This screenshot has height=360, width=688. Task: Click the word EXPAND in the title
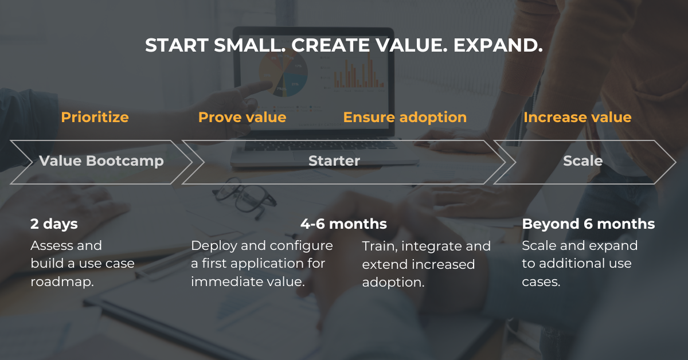[x=498, y=45]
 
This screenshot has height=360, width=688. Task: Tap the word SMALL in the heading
[x=249, y=45]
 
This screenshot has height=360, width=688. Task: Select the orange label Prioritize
[x=95, y=118]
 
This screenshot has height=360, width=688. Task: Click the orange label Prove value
[x=243, y=118]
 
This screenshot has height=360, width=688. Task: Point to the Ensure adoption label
[x=405, y=118]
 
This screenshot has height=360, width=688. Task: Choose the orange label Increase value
[x=577, y=118]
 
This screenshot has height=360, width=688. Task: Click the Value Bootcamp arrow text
[x=101, y=161]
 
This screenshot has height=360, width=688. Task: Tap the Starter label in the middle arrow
[x=334, y=161]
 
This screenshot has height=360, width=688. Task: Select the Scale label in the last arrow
[x=583, y=161]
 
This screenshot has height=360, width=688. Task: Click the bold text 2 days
[x=54, y=224]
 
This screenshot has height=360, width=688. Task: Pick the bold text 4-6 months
[x=343, y=224]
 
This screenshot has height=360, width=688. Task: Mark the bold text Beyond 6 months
[x=588, y=224]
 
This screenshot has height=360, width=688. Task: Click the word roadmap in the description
[x=61, y=282]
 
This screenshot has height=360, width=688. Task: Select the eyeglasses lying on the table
[x=244, y=198]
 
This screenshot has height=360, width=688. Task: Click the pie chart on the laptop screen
[x=283, y=73]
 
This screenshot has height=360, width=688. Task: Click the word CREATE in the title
[x=330, y=45]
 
